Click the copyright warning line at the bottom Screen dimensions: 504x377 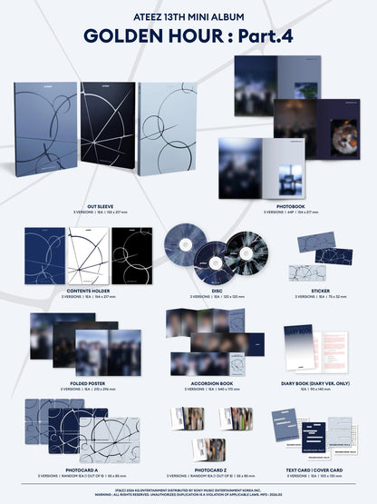tap(188, 491)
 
